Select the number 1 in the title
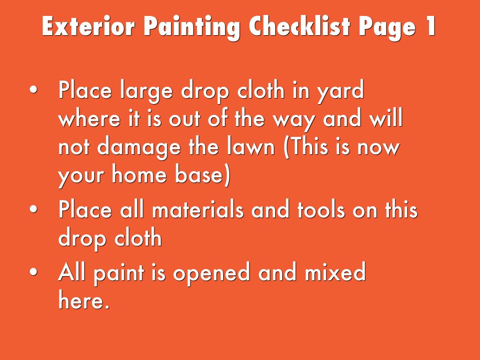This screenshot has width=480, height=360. point(429,27)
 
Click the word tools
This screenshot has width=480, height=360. point(321,210)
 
